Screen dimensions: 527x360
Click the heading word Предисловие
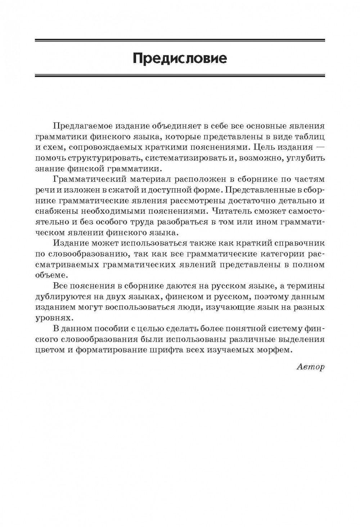[180, 58]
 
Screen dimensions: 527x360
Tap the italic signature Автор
[311, 367]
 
